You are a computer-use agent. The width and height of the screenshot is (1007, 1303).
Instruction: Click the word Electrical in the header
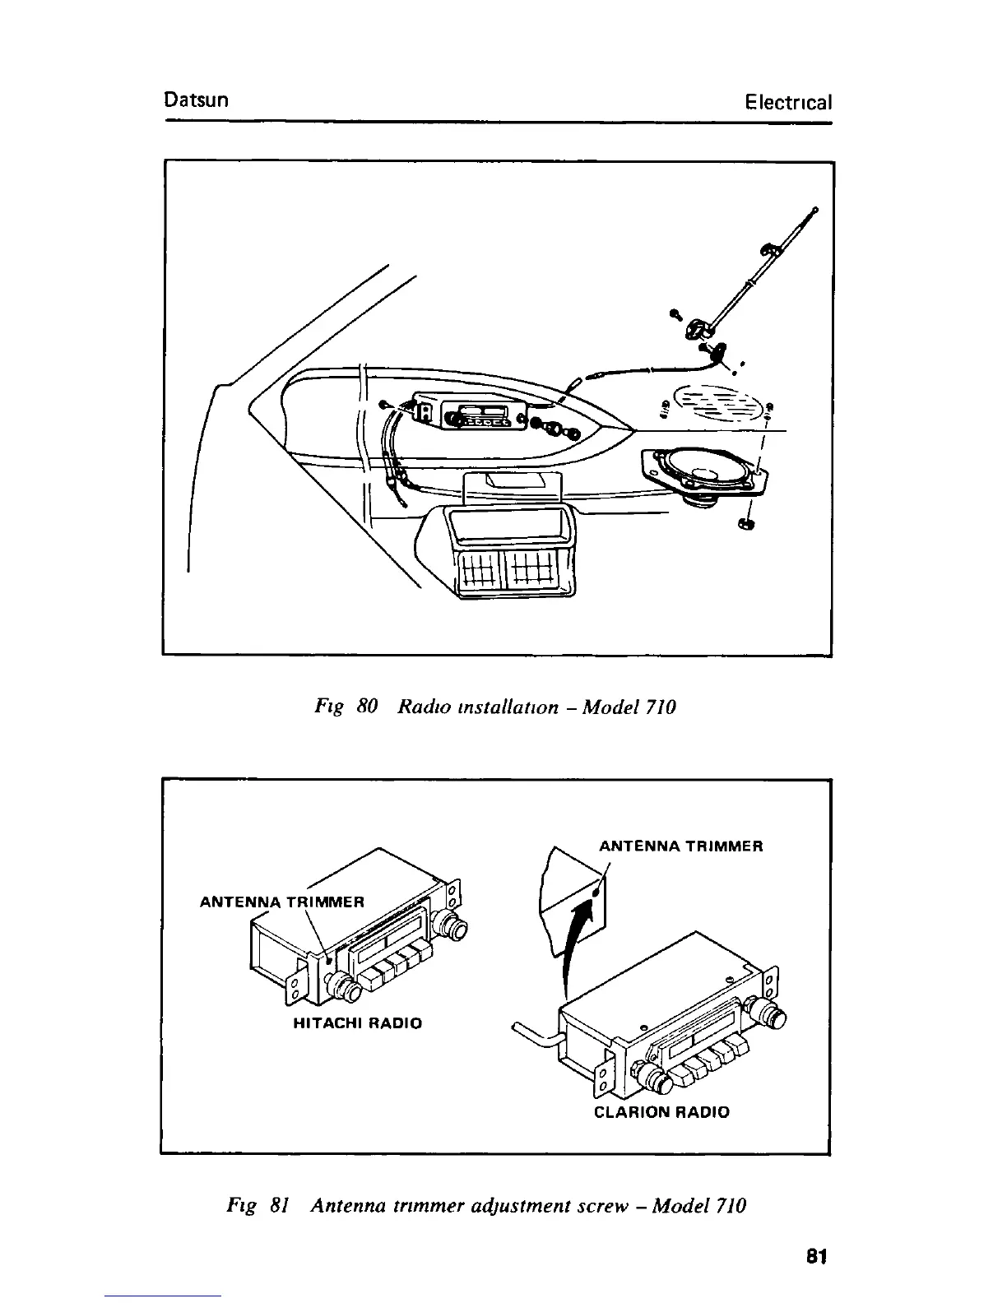pos(787,102)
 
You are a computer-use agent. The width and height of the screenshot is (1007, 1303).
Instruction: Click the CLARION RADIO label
pos(661,1112)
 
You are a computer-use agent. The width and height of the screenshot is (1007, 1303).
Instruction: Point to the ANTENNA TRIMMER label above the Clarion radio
pos(681,846)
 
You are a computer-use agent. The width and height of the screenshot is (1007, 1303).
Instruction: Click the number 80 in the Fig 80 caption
pos(367,707)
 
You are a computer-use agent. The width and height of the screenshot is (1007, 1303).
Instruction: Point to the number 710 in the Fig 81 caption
pos(731,1206)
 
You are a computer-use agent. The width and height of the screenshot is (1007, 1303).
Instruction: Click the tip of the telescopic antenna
pos(814,209)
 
